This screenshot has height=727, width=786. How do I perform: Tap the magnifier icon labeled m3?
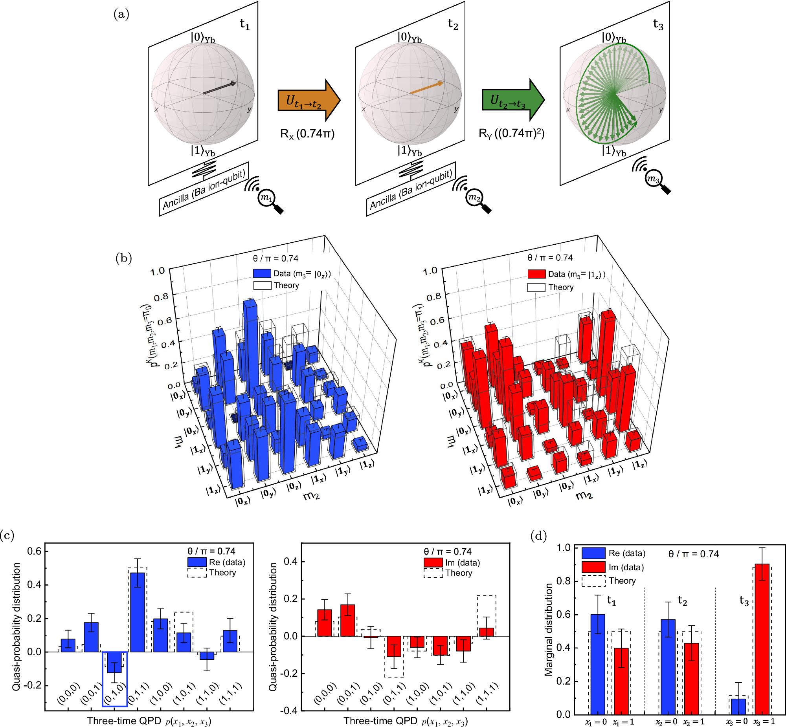click(654, 179)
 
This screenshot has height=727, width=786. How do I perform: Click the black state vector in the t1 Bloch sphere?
click(219, 88)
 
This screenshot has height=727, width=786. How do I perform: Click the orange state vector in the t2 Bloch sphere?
click(426, 88)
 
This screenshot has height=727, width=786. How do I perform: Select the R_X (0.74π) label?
click(307, 134)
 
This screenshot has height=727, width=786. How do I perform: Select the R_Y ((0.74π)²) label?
click(511, 134)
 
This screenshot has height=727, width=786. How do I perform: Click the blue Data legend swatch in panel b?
click(262, 273)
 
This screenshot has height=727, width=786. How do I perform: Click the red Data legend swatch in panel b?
click(536, 274)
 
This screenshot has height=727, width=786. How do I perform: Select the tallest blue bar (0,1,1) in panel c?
click(138, 612)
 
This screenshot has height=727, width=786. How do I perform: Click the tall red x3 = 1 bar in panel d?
click(762, 639)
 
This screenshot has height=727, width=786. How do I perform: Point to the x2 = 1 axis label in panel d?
click(694, 722)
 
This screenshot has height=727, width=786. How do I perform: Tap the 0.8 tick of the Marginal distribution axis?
click(563, 581)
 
